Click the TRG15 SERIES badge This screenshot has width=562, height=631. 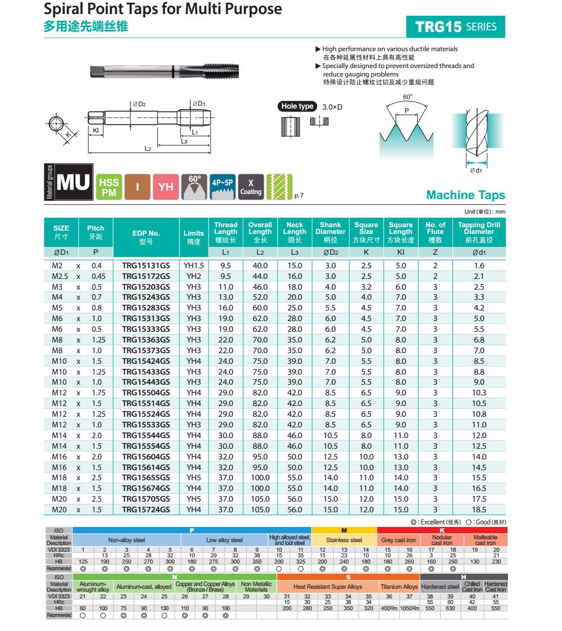[x=455, y=26]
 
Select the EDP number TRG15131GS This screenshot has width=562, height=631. [x=146, y=265]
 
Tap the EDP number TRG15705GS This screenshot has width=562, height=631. [x=146, y=499]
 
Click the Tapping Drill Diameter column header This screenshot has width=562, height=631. [x=479, y=232]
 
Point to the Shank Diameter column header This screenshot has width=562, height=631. [x=330, y=232]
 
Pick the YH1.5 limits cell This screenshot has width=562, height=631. [x=194, y=265]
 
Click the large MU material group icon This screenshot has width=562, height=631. [x=73, y=183]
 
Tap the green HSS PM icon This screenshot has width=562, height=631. [x=109, y=187]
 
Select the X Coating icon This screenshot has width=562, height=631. [x=251, y=187]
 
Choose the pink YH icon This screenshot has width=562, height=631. [x=166, y=187]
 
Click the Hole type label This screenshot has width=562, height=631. [x=297, y=106]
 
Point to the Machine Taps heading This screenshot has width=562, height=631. [x=465, y=195]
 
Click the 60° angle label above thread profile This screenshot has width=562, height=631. [x=407, y=97]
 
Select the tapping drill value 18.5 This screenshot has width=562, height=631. [x=479, y=510]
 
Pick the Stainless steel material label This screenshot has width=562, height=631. [x=344, y=540]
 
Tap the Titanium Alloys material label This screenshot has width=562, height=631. [x=399, y=587]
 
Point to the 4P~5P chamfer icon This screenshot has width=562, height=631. [x=223, y=187]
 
